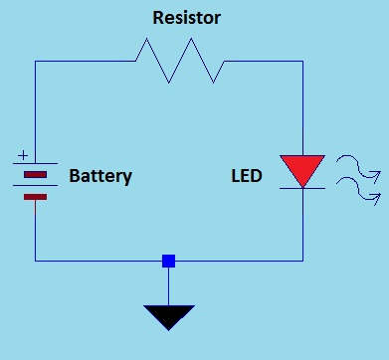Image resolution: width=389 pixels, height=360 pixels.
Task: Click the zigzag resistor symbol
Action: pos(180,61)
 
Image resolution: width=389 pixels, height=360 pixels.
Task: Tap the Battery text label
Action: pos(100,176)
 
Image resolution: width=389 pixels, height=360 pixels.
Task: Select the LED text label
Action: pos(247,176)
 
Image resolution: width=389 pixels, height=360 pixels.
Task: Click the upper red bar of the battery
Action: pos(36,175)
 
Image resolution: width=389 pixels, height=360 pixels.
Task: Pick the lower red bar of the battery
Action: pos(36,196)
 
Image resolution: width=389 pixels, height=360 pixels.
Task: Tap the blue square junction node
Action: pos(168,261)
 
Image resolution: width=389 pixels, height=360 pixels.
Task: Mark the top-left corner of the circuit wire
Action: pos(36,61)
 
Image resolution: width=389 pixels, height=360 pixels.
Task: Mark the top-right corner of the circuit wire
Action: pos(302,61)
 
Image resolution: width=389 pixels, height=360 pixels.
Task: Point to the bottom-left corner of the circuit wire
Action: pos(36,261)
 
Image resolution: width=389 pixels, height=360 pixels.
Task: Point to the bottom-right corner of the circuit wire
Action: pos(302,261)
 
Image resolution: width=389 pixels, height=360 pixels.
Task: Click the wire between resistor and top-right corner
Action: pos(264,61)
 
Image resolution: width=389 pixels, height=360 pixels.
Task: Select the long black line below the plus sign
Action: pos(36,164)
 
